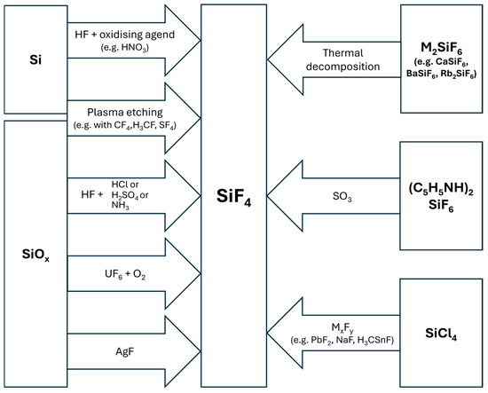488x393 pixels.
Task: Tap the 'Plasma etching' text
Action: tap(123, 114)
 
